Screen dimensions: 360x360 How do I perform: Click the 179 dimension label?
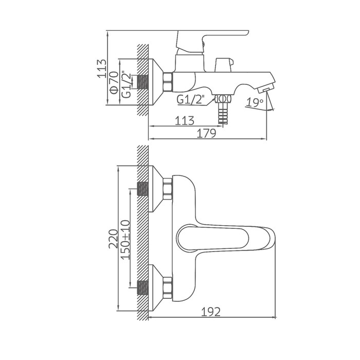pyautogui.click(x=206, y=133)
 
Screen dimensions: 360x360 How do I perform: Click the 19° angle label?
pyautogui.click(x=254, y=102)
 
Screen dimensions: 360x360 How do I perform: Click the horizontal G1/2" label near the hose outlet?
pyautogui.click(x=191, y=99)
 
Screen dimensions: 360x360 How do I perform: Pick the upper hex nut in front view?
pyautogui.click(x=167, y=188)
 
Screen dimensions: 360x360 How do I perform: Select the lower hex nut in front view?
pyautogui.click(x=167, y=288)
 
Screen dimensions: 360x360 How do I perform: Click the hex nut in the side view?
pyautogui.click(x=168, y=82)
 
